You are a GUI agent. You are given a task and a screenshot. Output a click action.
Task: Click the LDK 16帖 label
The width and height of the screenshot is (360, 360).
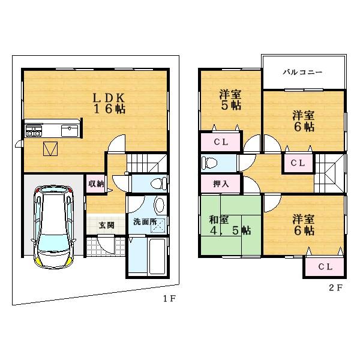[x=108, y=103]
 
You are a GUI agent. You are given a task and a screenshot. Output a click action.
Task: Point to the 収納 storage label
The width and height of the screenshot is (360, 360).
[x=96, y=184]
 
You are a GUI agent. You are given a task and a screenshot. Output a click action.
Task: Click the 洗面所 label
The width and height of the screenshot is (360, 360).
[x=145, y=221]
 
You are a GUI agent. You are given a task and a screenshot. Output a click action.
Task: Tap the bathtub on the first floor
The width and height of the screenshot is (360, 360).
[x=147, y=256]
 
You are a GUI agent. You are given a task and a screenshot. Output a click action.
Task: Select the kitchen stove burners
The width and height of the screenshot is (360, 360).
[x=33, y=130]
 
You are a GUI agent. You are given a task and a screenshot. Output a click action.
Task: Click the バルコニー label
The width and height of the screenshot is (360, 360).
[x=303, y=72]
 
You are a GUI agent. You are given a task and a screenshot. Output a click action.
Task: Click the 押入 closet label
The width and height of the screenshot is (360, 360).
[x=221, y=183]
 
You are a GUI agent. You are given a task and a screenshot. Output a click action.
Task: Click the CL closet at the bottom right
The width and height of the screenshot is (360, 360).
[x=325, y=266]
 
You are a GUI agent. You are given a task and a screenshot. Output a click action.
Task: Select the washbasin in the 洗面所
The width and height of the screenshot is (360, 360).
[x=158, y=206]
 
